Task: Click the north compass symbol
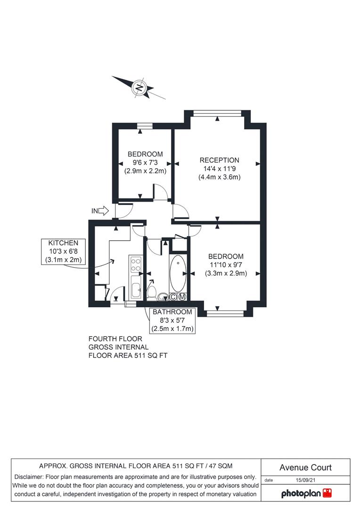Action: point(139,88)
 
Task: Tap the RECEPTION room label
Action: point(219,160)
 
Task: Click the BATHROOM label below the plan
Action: point(172,312)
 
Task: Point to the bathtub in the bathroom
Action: point(178,273)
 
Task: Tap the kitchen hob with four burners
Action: point(136,264)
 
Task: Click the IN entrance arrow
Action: point(100,211)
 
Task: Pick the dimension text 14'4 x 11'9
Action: point(219,169)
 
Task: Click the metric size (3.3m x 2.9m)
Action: point(226,273)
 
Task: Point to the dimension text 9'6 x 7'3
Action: point(145,163)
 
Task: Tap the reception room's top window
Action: point(218,112)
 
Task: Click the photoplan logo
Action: point(306,493)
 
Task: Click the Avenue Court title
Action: point(305,468)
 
